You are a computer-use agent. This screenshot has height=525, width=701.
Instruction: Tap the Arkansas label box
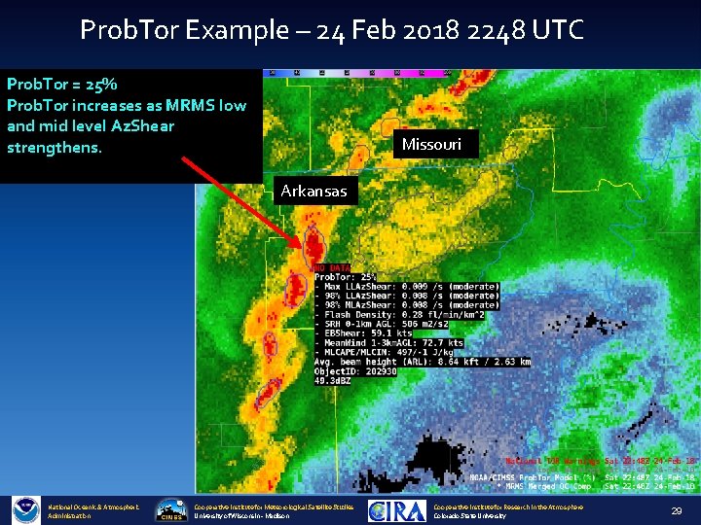314,192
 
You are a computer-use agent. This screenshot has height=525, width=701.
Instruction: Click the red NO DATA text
332,267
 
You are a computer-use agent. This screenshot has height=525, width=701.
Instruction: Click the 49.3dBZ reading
334,381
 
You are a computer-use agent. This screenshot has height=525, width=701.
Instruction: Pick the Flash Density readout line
400,315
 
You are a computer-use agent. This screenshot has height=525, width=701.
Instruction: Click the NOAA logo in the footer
25,510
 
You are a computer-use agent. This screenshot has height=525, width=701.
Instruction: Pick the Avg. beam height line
422,363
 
